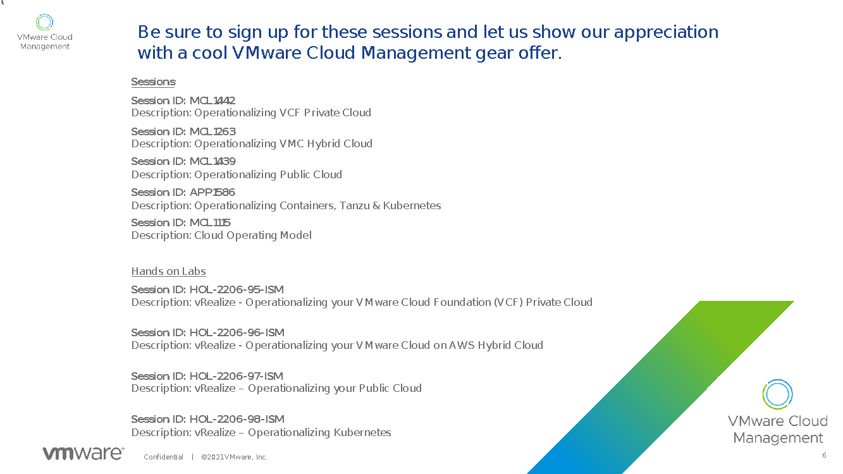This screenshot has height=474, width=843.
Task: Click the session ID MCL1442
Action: point(212,101)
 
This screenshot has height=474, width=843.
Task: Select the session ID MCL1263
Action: point(212,131)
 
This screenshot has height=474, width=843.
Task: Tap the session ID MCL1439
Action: point(212,161)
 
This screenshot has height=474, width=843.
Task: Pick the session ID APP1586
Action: point(212,192)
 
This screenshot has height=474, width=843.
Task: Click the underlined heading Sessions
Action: point(153,82)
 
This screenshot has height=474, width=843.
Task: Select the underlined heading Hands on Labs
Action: point(169,271)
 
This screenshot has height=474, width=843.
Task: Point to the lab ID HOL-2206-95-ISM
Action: point(237,289)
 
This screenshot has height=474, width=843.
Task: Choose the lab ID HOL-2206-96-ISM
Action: point(237,332)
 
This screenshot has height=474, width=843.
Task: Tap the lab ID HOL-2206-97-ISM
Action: point(237,376)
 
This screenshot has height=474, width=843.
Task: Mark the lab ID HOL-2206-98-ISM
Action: point(237,419)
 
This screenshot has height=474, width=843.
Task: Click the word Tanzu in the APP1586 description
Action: point(355,206)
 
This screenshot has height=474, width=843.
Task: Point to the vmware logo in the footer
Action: point(83,453)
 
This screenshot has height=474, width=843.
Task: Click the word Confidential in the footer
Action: point(163,457)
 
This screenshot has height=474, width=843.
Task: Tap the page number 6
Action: point(824,455)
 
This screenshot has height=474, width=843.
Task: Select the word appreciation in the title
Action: point(666,32)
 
